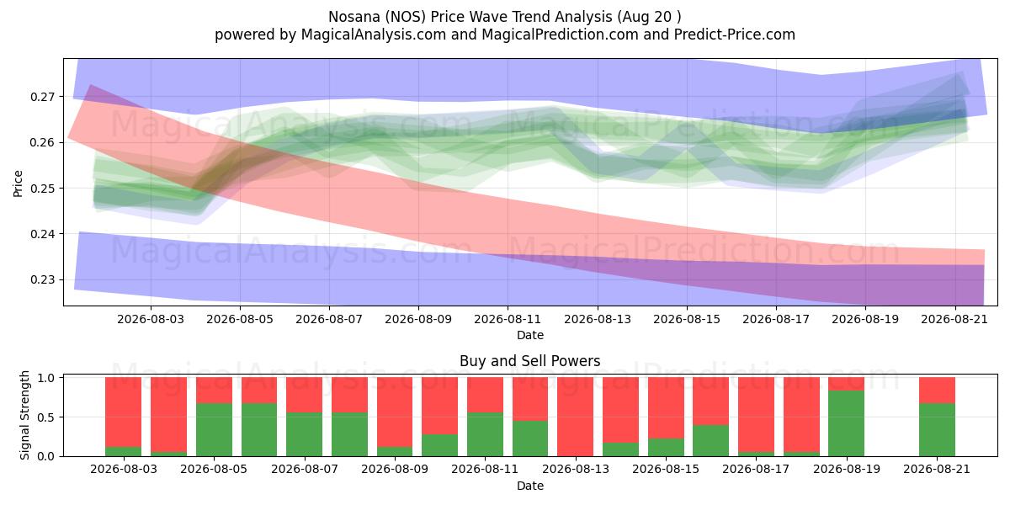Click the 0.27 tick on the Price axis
tap(42, 97)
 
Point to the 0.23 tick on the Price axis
tap(42, 280)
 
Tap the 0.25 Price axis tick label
tap(42, 189)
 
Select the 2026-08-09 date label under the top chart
tap(418, 319)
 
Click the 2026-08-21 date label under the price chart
tap(954, 319)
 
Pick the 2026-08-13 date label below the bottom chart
tap(576, 469)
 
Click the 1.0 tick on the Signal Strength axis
tap(46, 378)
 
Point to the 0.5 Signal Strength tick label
tap(46, 417)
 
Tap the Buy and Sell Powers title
tap(529, 361)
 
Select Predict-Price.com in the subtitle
tap(735, 35)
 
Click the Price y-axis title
tap(18, 183)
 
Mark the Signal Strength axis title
tap(24, 415)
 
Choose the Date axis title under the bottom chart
tap(529, 486)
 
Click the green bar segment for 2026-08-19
tap(847, 423)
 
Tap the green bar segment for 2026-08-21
tap(937, 430)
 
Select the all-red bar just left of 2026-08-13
tap(576, 417)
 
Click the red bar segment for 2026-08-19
tap(847, 384)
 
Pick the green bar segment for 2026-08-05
tap(214, 430)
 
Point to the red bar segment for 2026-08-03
tap(124, 412)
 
